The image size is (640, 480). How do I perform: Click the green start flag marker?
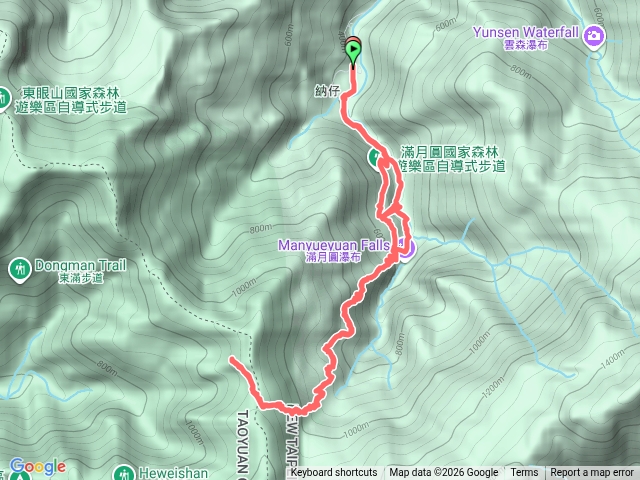point(354,50)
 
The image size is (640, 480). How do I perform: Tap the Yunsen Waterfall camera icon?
point(596,37)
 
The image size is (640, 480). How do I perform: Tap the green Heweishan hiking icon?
point(124,473)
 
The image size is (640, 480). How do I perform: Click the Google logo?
point(37,466)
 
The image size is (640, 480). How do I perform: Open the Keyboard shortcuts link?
point(334,473)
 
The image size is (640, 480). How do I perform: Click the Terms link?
point(524,473)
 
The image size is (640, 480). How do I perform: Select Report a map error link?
point(592,473)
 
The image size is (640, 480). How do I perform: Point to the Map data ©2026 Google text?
point(444,473)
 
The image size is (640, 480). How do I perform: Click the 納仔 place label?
point(327,90)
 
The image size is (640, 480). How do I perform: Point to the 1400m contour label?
point(613,364)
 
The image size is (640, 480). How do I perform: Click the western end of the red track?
point(231,358)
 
